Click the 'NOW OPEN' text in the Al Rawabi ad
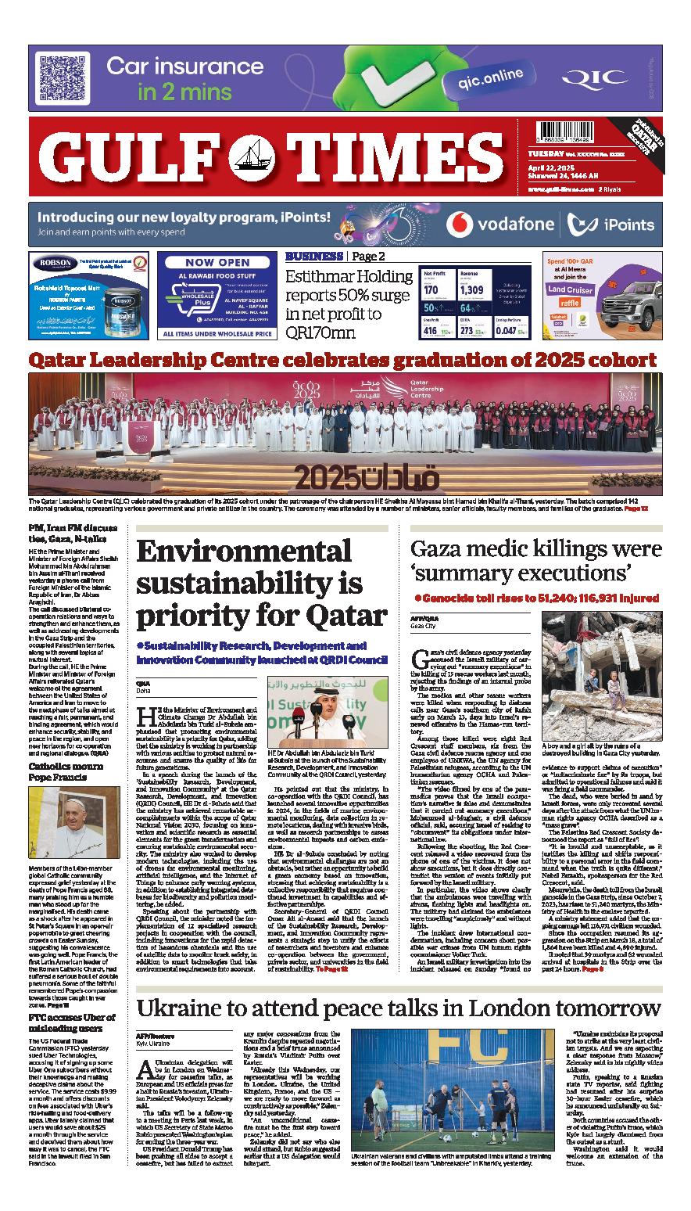[x=217, y=263]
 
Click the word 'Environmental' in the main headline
[x=245, y=552]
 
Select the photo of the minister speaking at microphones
[x=328, y=717]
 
